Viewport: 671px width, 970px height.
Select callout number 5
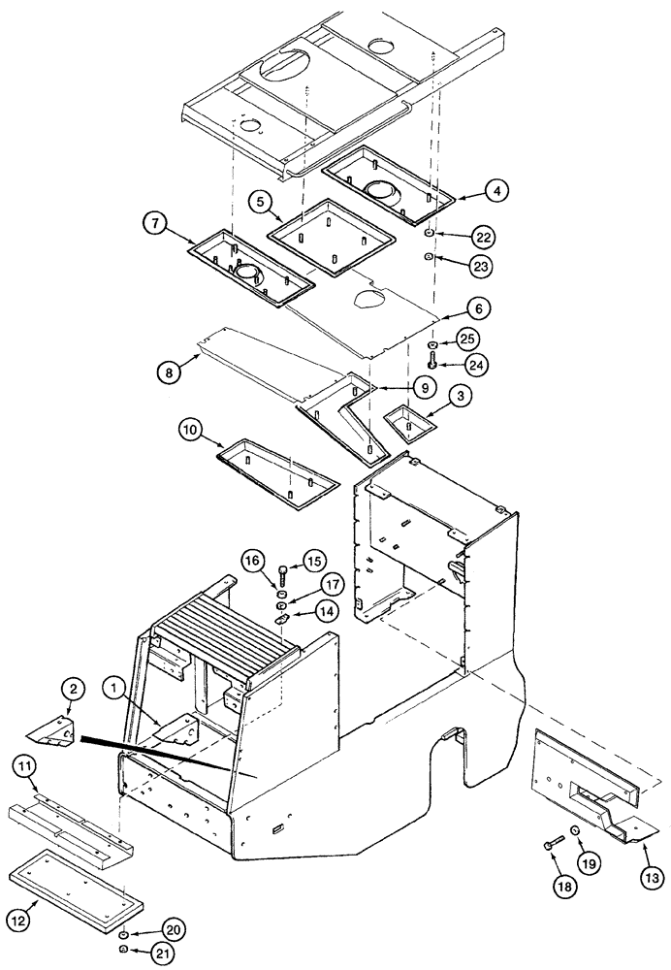pyautogui.click(x=259, y=202)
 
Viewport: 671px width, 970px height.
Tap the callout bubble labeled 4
pyautogui.click(x=496, y=191)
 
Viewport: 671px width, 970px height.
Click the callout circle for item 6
pyautogui.click(x=479, y=308)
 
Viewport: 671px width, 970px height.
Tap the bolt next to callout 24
pyautogui.click(x=433, y=364)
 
